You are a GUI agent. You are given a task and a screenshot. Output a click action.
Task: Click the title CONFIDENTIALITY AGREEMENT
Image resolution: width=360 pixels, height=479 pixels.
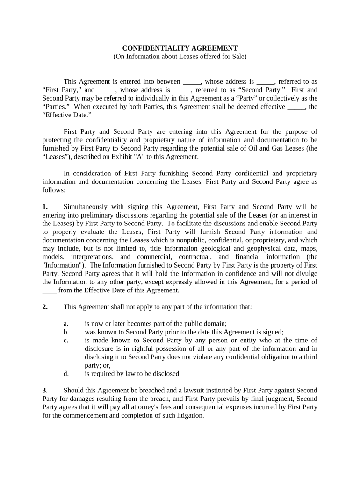pos(180,48)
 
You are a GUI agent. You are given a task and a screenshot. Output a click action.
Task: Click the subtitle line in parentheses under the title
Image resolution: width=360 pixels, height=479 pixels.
pos(180,57)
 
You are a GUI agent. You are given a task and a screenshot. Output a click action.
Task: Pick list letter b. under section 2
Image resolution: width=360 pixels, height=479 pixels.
pos(66,332)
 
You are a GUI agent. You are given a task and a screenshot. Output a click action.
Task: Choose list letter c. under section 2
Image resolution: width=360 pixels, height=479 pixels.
pos(66,341)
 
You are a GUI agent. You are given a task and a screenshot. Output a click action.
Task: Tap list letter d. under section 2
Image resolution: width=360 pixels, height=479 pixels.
pos(66,374)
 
